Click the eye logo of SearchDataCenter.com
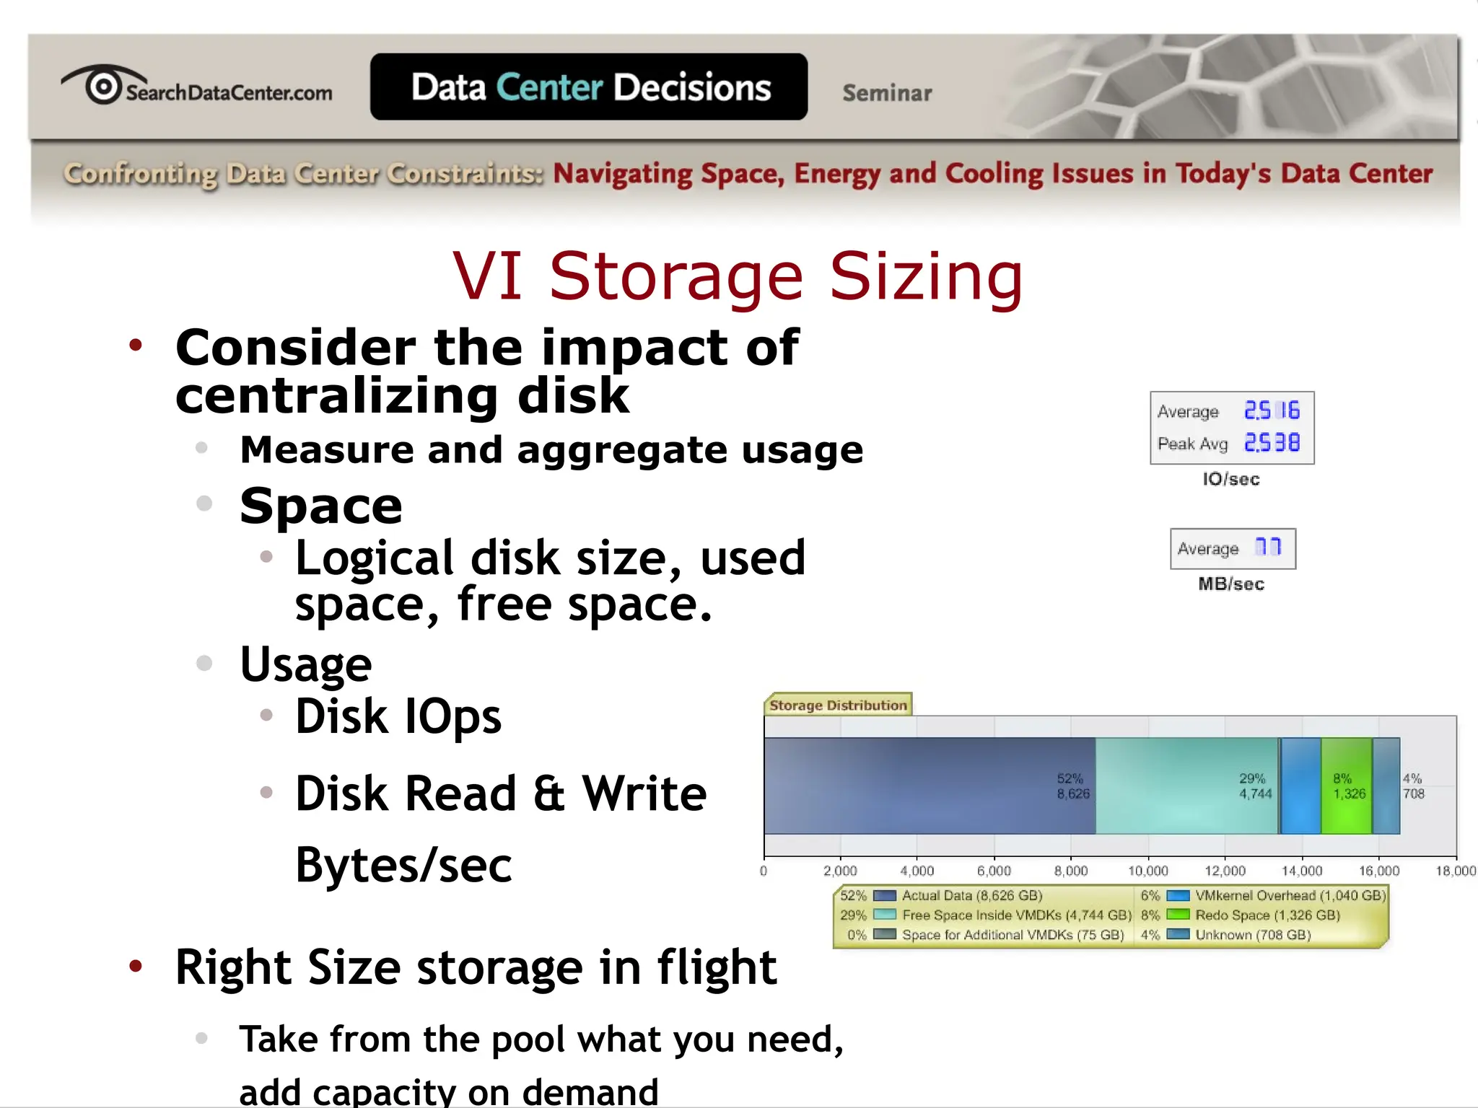(103, 86)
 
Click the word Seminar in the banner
(887, 93)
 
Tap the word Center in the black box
(549, 87)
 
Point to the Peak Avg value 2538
(1272, 443)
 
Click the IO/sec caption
(1231, 480)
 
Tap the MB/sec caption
(1231, 584)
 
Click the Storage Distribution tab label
(838, 705)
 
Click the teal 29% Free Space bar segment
(1186, 786)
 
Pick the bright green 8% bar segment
(1346, 786)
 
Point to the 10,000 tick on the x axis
(1148, 871)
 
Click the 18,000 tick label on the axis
(1455, 871)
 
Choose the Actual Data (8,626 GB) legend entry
(971, 895)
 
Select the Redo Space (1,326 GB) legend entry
(1267, 915)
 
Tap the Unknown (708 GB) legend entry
(1253, 935)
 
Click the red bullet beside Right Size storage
(136, 966)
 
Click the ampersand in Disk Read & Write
(549, 793)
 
